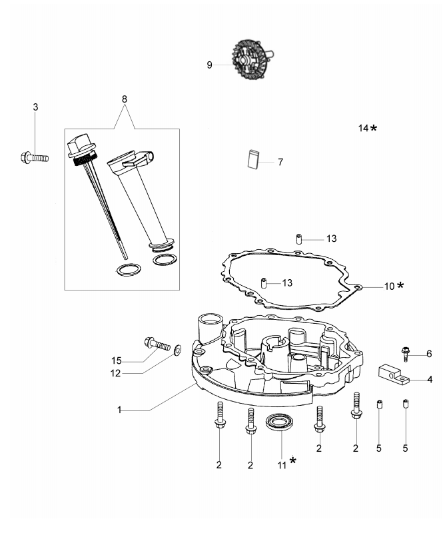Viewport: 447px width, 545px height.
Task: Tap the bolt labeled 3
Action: (x=33, y=158)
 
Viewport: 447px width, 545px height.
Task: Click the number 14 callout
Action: (x=363, y=127)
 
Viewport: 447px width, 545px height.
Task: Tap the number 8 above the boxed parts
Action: (x=124, y=99)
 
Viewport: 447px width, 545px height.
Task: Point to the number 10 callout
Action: (x=389, y=286)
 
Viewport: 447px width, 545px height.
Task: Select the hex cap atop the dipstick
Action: (x=79, y=143)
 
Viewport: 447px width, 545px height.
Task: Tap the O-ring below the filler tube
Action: (x=164, y=258)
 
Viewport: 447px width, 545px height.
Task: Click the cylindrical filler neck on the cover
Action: (x=209, y=332)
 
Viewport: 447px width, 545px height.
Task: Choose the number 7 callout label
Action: (x=280, y=162)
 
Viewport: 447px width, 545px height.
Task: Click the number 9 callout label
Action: (x=209, y=65)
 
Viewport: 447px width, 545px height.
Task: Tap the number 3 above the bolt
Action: (x=36, y=107)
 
